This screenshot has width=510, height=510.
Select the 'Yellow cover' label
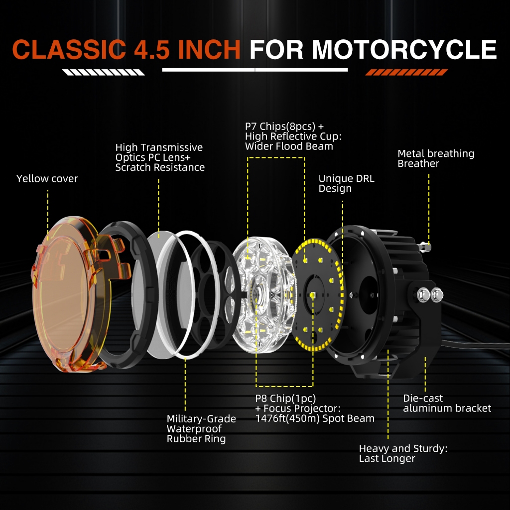[47, 179]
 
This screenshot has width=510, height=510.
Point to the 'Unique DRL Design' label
[346, 183]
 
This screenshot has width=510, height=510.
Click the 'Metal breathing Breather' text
[436, 158]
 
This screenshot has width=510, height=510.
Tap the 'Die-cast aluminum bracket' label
[447, 403]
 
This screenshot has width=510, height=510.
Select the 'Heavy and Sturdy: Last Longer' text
[403, 454]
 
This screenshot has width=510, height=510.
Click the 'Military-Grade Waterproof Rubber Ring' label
[201, 429]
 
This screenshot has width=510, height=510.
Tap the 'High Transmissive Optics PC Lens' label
[160, 157]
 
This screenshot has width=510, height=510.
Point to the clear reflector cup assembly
[261, 294]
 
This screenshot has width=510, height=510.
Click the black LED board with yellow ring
[317, 294]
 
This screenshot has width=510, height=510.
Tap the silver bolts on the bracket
[431, 294]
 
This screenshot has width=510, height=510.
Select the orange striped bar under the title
[406, 73]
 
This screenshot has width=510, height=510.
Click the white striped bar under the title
[104, 73]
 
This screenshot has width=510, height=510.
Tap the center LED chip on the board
[313, 296]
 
